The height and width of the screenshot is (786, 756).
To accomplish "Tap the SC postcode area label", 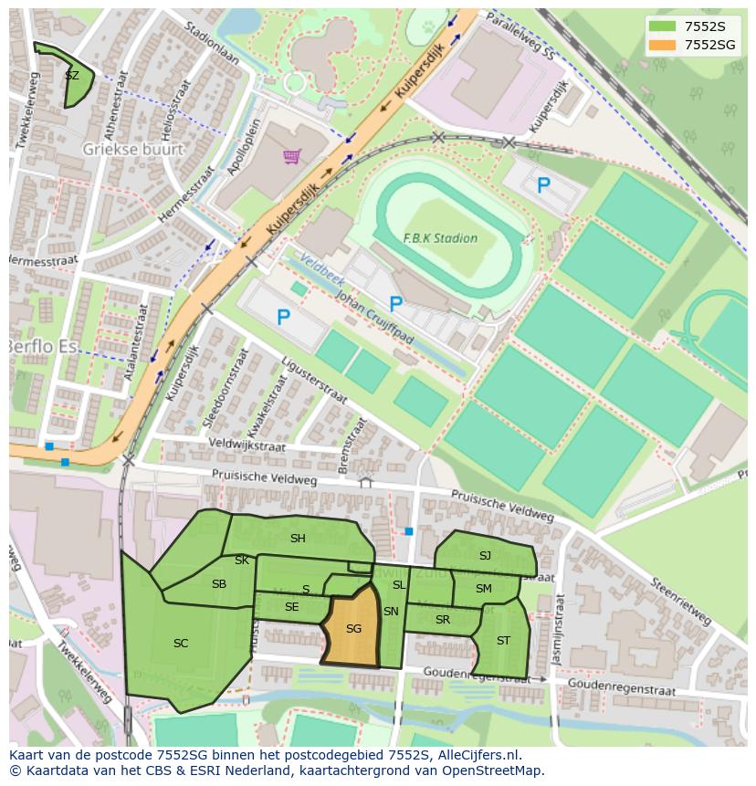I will point(181,644).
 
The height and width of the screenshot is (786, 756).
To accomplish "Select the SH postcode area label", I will point(298,539).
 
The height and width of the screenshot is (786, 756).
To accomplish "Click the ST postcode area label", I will point(503,641).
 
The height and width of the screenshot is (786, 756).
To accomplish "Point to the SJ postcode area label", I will point(485,556).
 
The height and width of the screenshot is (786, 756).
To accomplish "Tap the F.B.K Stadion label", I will point(440,238).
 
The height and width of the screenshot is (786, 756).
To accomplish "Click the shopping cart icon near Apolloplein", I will point(291,156).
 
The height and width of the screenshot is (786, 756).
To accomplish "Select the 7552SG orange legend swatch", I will point(663,45).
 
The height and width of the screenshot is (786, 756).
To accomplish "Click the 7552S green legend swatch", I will point(663,26).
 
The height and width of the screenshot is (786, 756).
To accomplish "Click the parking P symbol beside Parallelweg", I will point(543,186).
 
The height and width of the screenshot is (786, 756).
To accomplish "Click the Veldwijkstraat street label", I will point(247,445).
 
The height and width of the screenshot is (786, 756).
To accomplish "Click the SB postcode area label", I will point(219,584).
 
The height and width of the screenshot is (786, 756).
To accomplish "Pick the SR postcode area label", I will point(443,620).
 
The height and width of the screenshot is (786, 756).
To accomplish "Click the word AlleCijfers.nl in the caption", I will point(478,756).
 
